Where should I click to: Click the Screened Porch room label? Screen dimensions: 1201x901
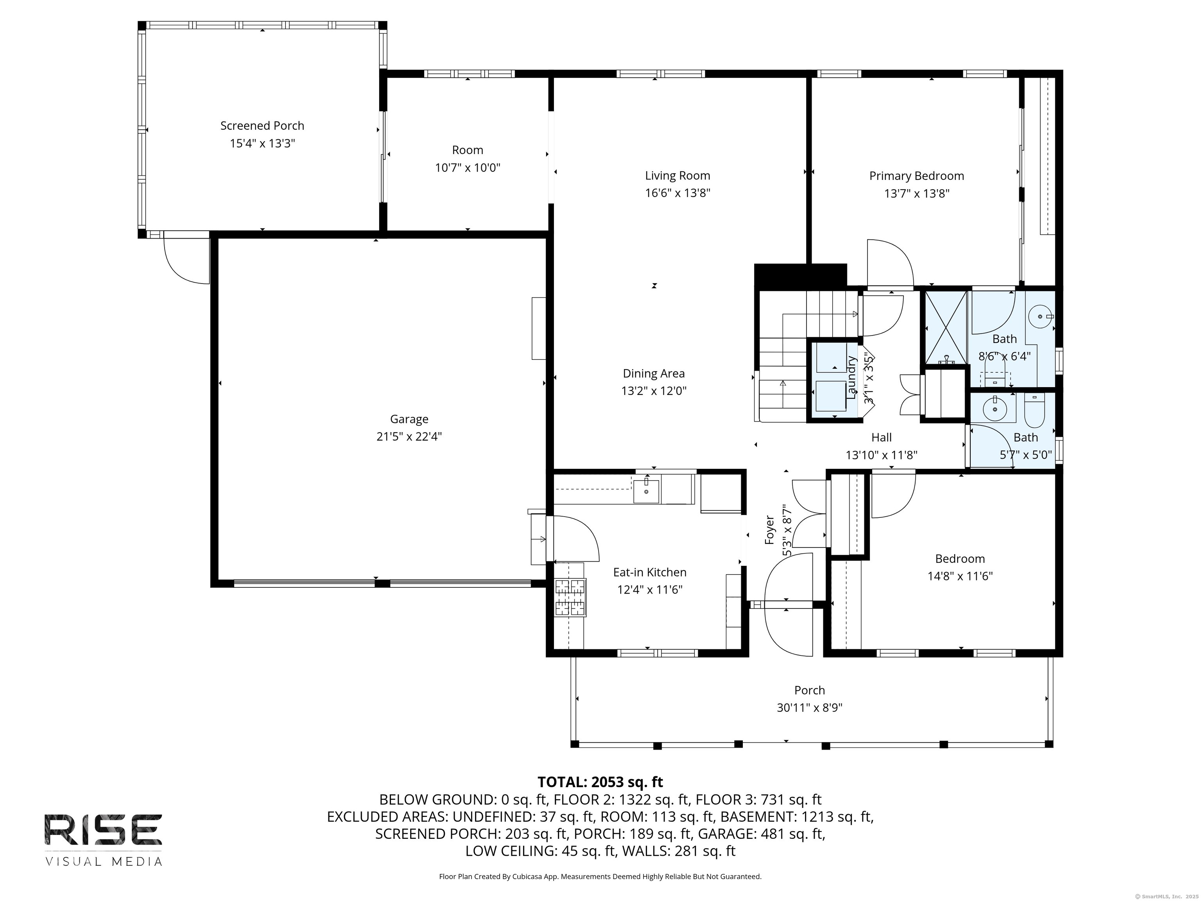click(262, 126)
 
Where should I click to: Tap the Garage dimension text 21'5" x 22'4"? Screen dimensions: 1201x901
click(409, 437)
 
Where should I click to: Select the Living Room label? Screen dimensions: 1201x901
click(678, 176)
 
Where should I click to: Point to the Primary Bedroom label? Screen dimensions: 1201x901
click(916, 176)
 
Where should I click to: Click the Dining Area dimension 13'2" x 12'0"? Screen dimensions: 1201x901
click(654, 391)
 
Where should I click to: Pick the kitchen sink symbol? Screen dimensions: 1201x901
click(646, 491)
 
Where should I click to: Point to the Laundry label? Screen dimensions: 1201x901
click(851, 377)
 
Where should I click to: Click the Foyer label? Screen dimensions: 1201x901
click(769, 529)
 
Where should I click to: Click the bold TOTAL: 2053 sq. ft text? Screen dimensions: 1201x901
click(600, 782)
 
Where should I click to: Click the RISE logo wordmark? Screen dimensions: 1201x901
click(103, 829)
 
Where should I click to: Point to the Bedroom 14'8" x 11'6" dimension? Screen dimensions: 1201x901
click(960, 576)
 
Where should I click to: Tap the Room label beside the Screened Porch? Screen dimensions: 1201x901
click(468, 150)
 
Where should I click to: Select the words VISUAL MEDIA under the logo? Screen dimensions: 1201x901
click(104, 862)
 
